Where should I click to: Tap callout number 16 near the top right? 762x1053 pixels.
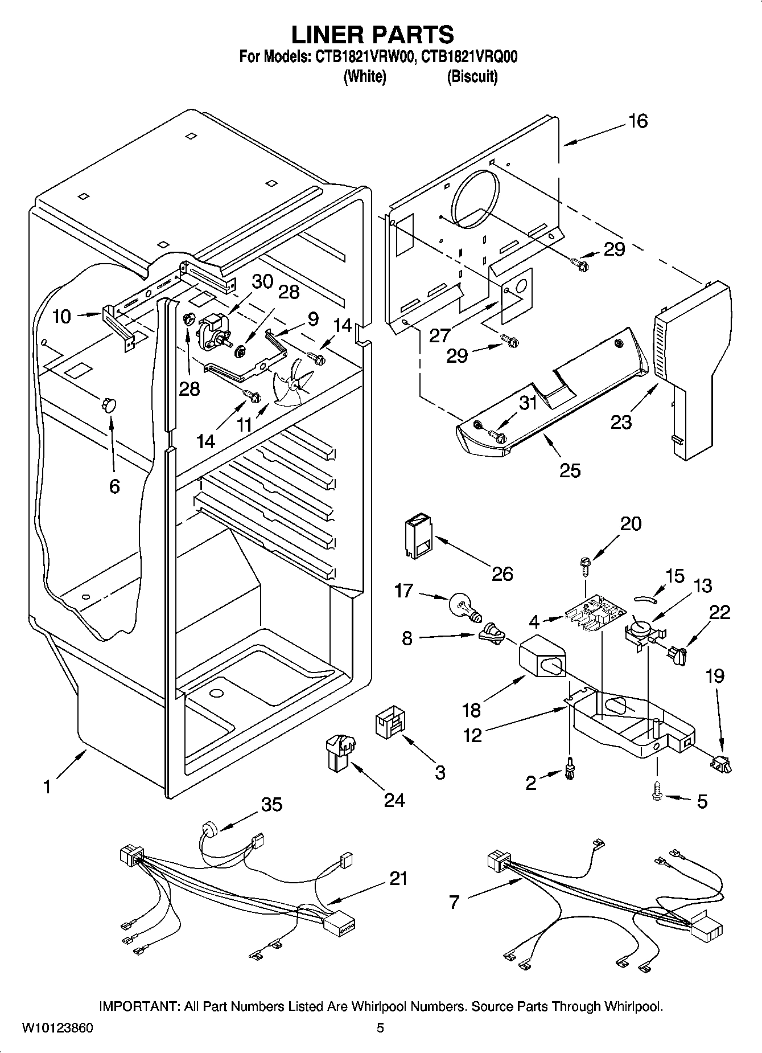click(638, 121)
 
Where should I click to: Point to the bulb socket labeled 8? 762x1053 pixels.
click(491, 634)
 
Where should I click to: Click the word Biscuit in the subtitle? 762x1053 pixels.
click(472, 76)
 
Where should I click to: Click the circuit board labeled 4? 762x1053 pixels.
click(595, 614)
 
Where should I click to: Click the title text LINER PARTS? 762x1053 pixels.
click(373, 34)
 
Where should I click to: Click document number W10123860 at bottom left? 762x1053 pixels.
click(57, 1027)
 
